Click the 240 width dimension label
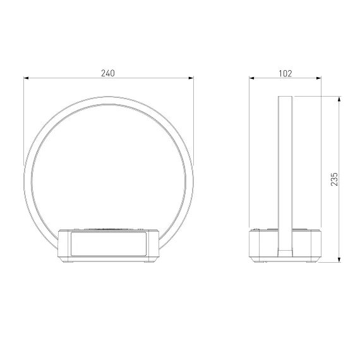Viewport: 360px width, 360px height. [x=108, y=73]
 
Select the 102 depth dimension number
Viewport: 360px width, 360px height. [x=285, y=73]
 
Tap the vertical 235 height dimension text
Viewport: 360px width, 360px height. [x=334, y=179]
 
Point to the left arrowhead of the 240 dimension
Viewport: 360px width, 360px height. [x=26, y=78]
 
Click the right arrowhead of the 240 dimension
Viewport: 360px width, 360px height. [x=191, y=78]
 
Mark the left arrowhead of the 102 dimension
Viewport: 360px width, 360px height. [x=251, y=78]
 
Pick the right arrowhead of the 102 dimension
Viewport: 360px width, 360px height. [x=319, y=78]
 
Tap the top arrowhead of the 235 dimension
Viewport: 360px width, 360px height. [x=339, y=99]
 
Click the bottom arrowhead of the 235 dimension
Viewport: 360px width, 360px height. [x=339, y=260]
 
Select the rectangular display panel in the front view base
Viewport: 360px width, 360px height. [x=109, y=244]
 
